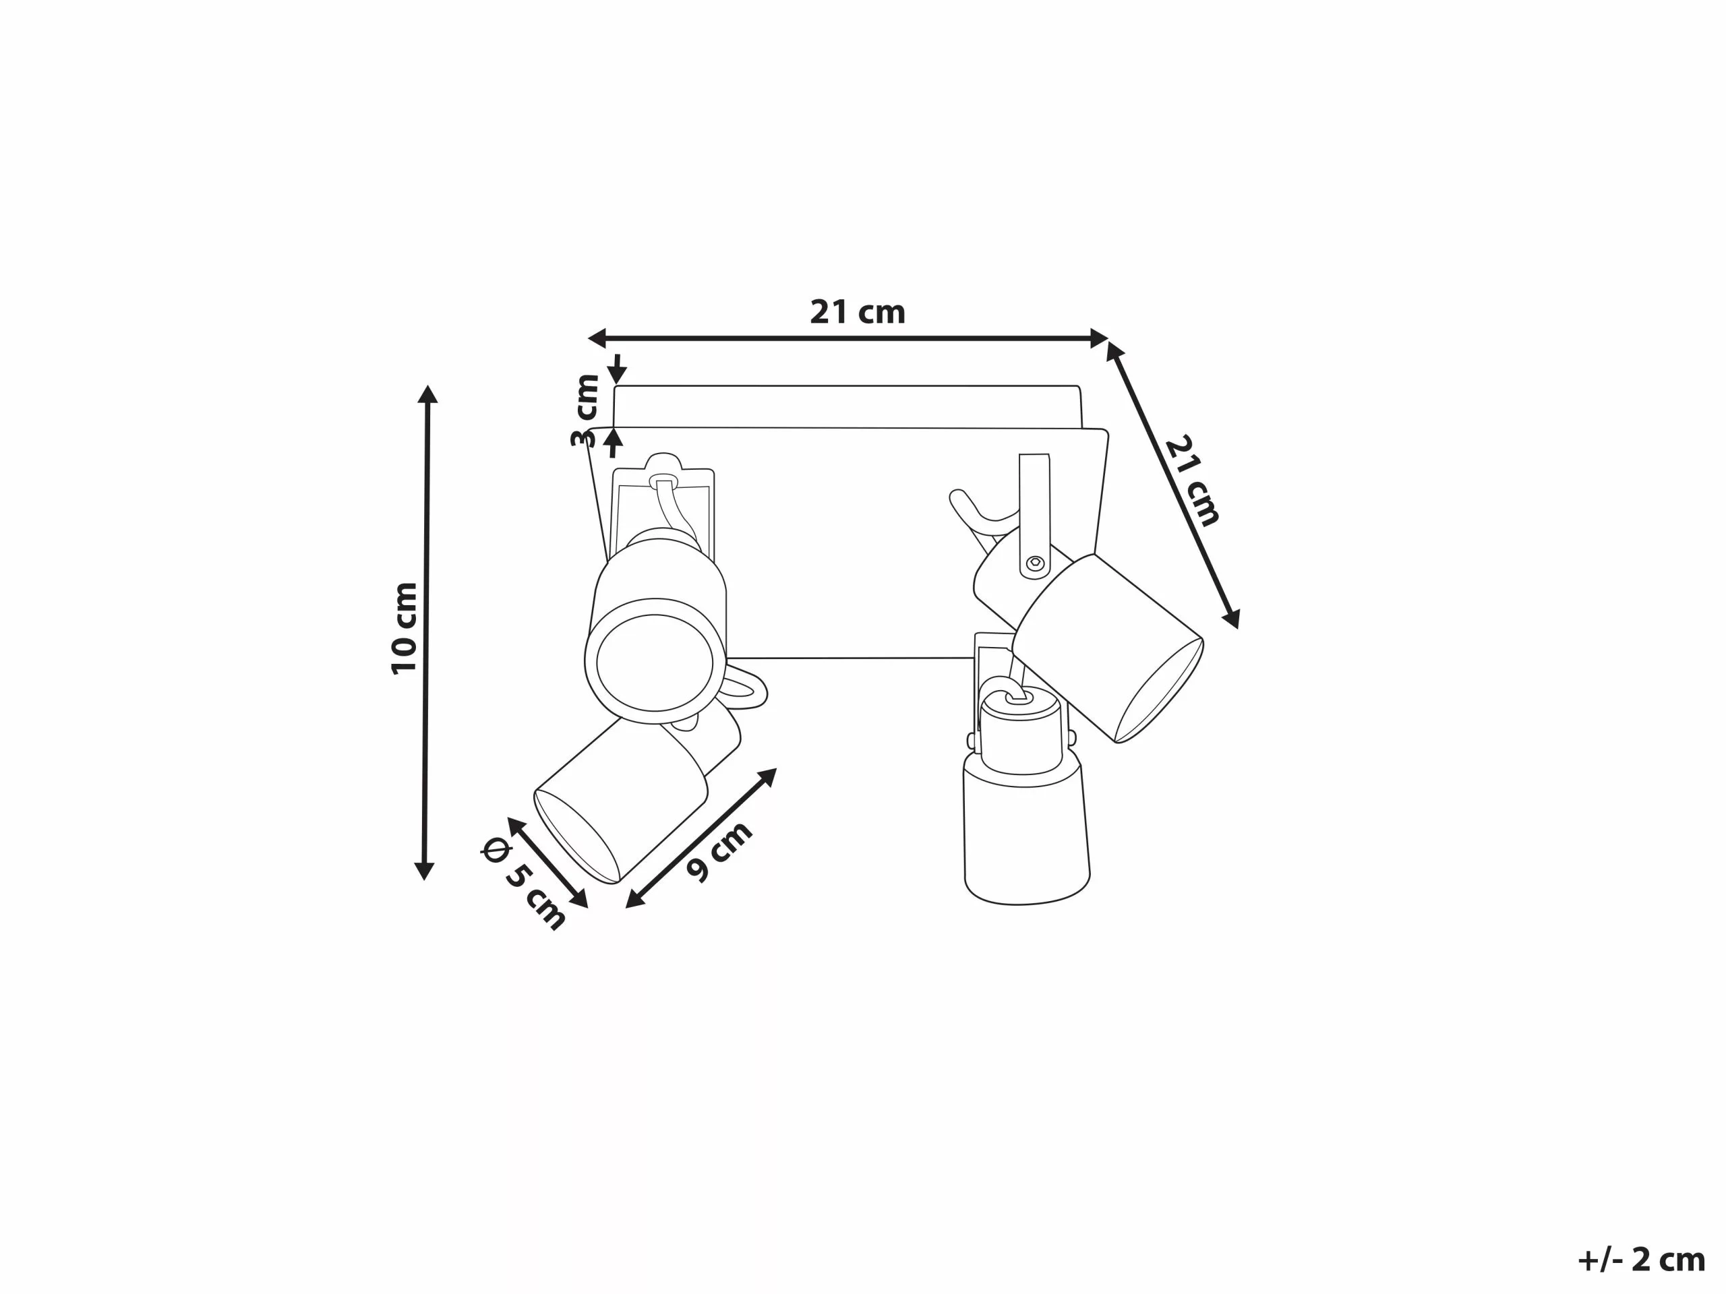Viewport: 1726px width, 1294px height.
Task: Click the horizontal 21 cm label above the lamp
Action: point(857,312)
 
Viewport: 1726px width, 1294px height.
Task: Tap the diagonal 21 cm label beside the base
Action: point(1191,481)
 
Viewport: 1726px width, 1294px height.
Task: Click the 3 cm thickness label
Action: point(585,410)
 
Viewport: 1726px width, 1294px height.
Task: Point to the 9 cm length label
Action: point(719,852)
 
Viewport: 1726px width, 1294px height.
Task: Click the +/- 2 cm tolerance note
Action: point(1641,1260)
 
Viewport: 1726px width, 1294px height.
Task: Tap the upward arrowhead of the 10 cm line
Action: point(427,394)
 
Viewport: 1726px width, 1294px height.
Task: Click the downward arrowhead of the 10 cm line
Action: point(423,871)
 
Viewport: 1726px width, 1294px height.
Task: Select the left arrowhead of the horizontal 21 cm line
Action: point(597,338)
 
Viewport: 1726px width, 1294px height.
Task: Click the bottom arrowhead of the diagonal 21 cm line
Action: point(1232,619)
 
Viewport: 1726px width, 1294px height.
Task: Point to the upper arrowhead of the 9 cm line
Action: point(768,776)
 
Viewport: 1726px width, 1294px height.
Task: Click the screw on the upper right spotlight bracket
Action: point(1036,561)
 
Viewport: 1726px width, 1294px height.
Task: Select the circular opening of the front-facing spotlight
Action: point(655,663)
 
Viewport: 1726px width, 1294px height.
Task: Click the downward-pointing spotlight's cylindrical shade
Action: point(1025,834)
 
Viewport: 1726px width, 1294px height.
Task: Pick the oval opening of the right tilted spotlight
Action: point(1160,691)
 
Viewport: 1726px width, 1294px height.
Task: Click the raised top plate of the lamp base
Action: point(847,406)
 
